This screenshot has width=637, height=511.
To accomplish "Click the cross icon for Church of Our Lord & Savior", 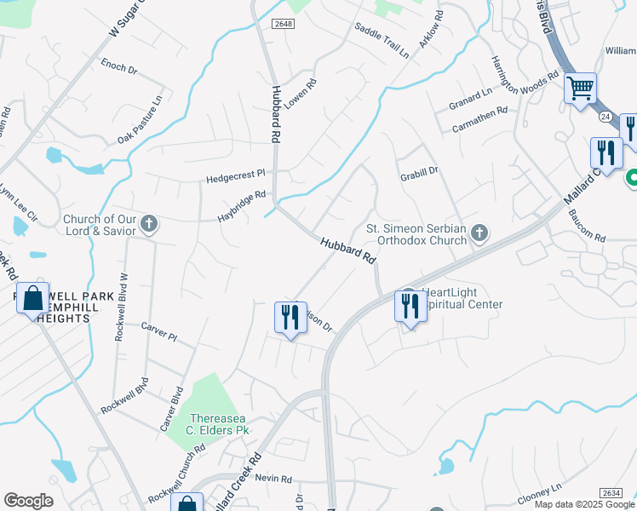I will pyautogui.click(x=149, y=224).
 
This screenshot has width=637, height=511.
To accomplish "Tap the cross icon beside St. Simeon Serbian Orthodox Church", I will pyautogui.click(x=479, y=233).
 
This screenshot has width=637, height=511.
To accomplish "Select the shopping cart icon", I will pyautogui.click(x=580, y=88).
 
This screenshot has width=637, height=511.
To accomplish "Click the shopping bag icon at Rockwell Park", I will pyautogui.click(x=32, y=299).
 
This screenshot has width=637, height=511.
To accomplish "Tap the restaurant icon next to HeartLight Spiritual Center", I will pyautogui.click(x=411, y=306).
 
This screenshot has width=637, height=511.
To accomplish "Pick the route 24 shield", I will pyautogui.click(x=605, y=115).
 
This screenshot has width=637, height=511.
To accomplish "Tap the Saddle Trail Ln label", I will pyautogui.click(x=382, y=40).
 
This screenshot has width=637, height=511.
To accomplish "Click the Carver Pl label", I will pyautogui.click(x=158, y=332).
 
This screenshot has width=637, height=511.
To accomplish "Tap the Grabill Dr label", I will pyautogui.click(x=418, y=170).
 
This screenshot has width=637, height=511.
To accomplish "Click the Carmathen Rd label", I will pyautogui.click(x=479, y=118).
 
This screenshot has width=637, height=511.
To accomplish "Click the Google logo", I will pyautogui.click(x=28, y=501).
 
